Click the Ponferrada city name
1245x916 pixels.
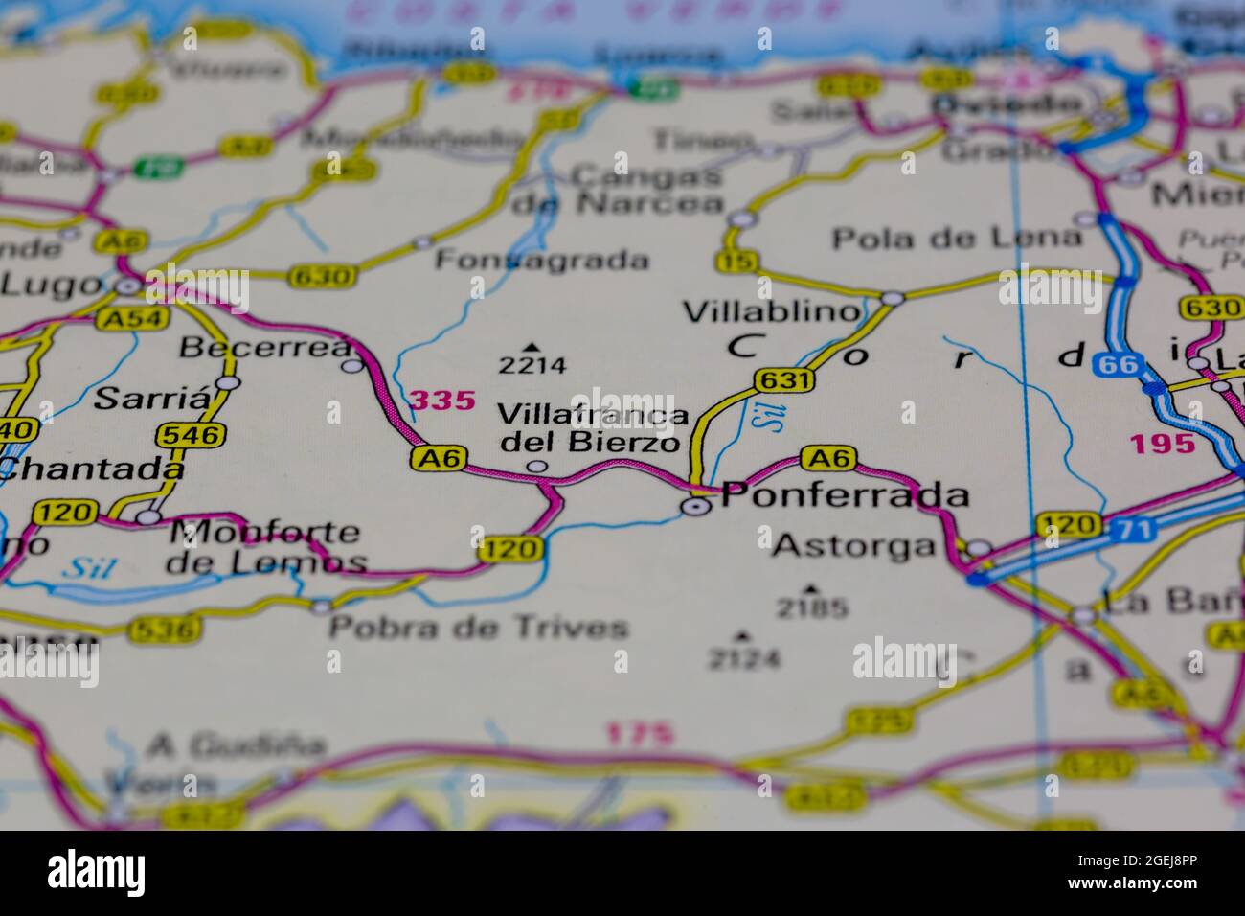(845, 495)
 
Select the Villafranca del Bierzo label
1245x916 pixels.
(592, 428)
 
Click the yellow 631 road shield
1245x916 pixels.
(783, 380)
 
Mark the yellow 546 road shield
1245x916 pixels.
(192, 435)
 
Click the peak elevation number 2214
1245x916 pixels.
(532, 365)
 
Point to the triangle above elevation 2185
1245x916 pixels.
(811, 588)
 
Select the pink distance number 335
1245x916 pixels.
(442, 400)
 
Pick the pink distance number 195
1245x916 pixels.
(1162, 444)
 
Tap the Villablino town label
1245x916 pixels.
(771, 311)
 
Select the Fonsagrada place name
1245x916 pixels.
(542, 260)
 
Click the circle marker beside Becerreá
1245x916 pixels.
(353, 365)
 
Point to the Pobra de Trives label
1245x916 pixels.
(479, 628)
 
